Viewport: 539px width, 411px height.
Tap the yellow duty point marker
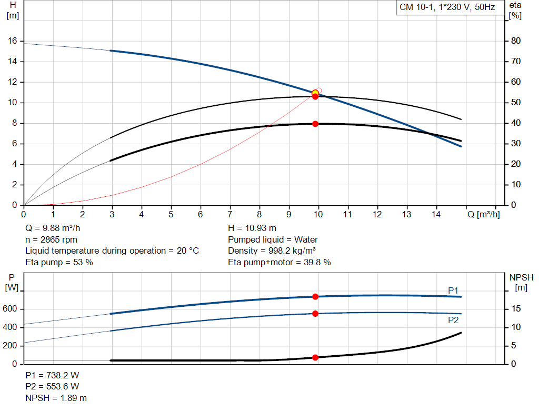click(315, 93)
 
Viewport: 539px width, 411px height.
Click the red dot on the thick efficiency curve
click(315, 124)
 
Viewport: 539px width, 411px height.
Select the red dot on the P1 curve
click(315, 297)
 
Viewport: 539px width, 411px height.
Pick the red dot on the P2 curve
click(315, 314)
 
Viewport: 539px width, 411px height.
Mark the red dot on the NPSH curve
click(315, 357)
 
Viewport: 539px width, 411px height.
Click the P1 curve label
click(453, 290)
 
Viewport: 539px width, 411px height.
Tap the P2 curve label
click(453, 319)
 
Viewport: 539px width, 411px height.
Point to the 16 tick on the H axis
click(13, 41)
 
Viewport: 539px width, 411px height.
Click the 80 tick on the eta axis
click(516, 41)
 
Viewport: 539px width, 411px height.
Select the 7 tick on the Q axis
click(229, 214)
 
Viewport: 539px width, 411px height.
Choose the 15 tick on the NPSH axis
click(516, 309)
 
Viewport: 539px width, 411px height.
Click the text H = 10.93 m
click(252, 228)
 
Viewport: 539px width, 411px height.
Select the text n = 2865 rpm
click(52, 239)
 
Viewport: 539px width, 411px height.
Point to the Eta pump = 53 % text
click(59, 262)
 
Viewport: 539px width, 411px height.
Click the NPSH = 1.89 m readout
click(56, 398)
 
